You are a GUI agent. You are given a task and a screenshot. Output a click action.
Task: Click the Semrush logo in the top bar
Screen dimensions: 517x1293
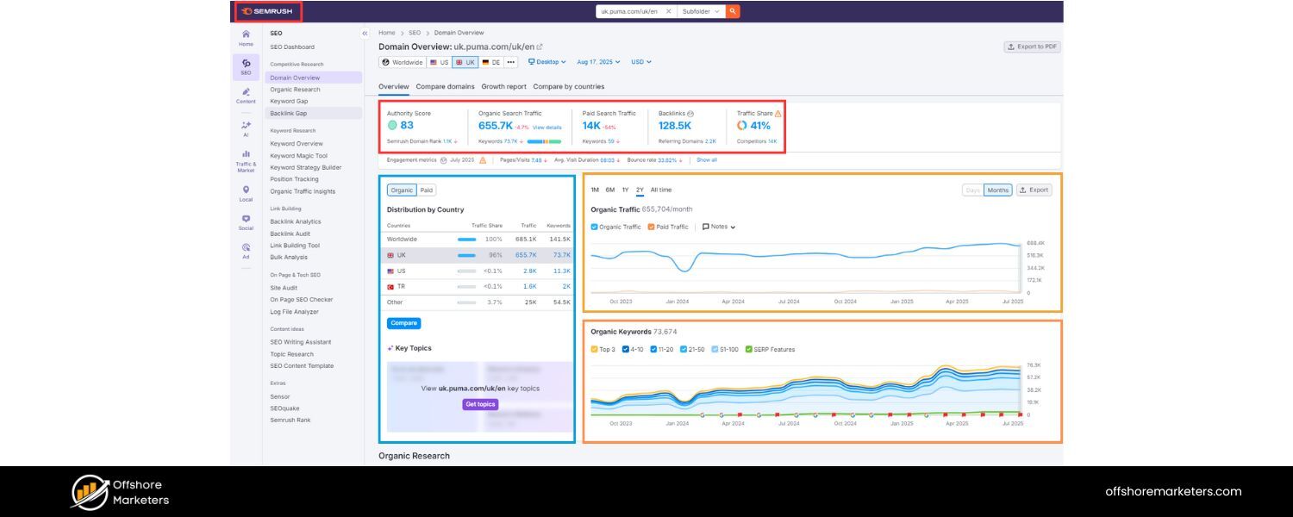click(x=267, y=11)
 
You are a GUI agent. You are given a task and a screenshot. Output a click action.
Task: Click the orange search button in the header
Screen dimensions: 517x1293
click(x=733, y=11)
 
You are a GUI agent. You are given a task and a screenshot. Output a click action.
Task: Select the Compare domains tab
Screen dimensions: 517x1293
click(x=445, y=86)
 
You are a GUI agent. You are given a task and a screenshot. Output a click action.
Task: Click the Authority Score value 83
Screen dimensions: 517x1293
click(x=407, y=126)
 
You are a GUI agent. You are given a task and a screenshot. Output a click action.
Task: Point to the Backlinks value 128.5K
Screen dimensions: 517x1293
click(x=676, y=126)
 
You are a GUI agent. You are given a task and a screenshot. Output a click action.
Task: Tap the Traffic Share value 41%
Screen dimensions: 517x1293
click(x=760, y=126)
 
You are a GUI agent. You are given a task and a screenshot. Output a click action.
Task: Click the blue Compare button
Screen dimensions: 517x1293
click(x=403, y=323)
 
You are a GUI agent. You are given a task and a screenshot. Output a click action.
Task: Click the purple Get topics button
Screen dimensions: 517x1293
click(x=480, y=404)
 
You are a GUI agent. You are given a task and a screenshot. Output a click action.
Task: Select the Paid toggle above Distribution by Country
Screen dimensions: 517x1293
click(x=427, y=190)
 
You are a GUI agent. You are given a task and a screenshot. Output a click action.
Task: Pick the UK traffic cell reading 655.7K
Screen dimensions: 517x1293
click(x=526, y=255)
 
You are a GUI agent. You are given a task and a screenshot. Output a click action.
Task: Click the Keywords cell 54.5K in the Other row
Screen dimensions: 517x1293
click(x=560, y=302)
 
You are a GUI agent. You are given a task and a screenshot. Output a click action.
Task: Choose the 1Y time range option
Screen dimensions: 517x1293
click(x=625, y=190)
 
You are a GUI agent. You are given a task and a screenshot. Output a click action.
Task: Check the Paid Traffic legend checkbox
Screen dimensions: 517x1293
click(x=653, y=227)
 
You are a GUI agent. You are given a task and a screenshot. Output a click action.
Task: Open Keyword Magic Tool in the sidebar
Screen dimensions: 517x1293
click(x=298, y=156)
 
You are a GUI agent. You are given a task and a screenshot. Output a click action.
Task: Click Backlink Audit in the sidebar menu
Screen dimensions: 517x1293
click(x=290, y=234)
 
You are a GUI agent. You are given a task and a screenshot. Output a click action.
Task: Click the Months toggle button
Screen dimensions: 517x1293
click(x=997, y=190)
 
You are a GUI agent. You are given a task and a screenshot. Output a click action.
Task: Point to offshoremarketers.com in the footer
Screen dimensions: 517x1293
click(x=1173, y=491)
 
